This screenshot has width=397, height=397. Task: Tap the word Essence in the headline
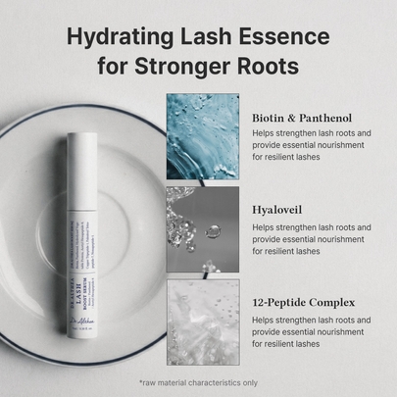click(284, 37)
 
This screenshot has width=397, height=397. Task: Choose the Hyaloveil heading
click(278, 209)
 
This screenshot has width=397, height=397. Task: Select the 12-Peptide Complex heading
click(304, 302)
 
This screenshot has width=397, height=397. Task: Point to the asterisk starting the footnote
click(141, 379)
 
